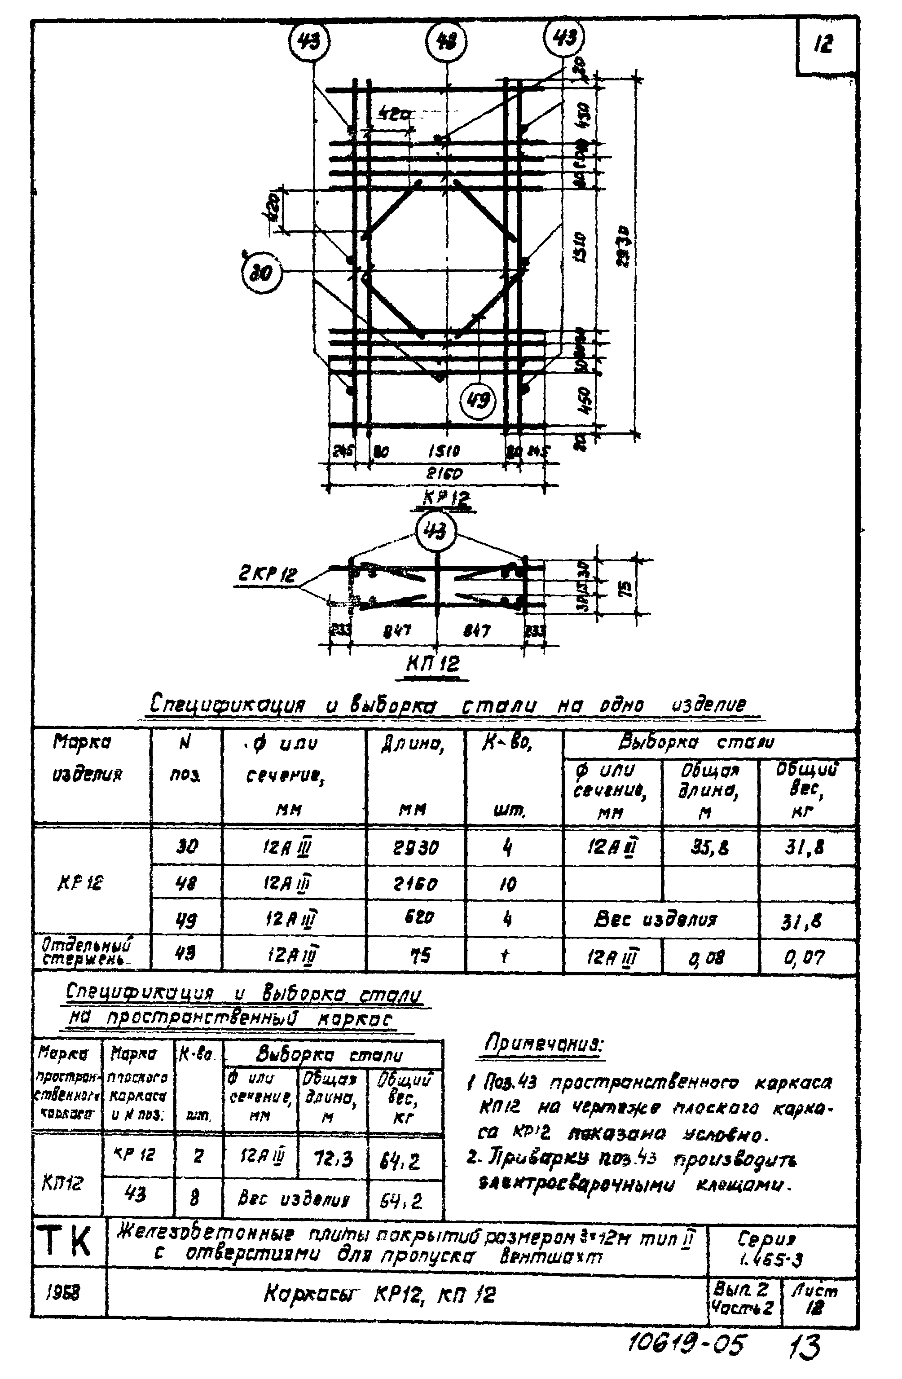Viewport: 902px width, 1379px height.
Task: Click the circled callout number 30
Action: [261, 272]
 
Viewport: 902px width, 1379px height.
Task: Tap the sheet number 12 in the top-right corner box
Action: [823, 44]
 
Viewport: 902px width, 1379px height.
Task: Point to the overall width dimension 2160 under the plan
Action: [444, 473]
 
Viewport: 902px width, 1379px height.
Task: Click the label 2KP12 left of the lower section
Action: [268, 575]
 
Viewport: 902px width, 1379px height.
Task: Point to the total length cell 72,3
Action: [333, 1159]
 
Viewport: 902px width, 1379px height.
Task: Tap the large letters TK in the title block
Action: [68, 1242]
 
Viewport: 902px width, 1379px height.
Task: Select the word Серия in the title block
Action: [766, 1239]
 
